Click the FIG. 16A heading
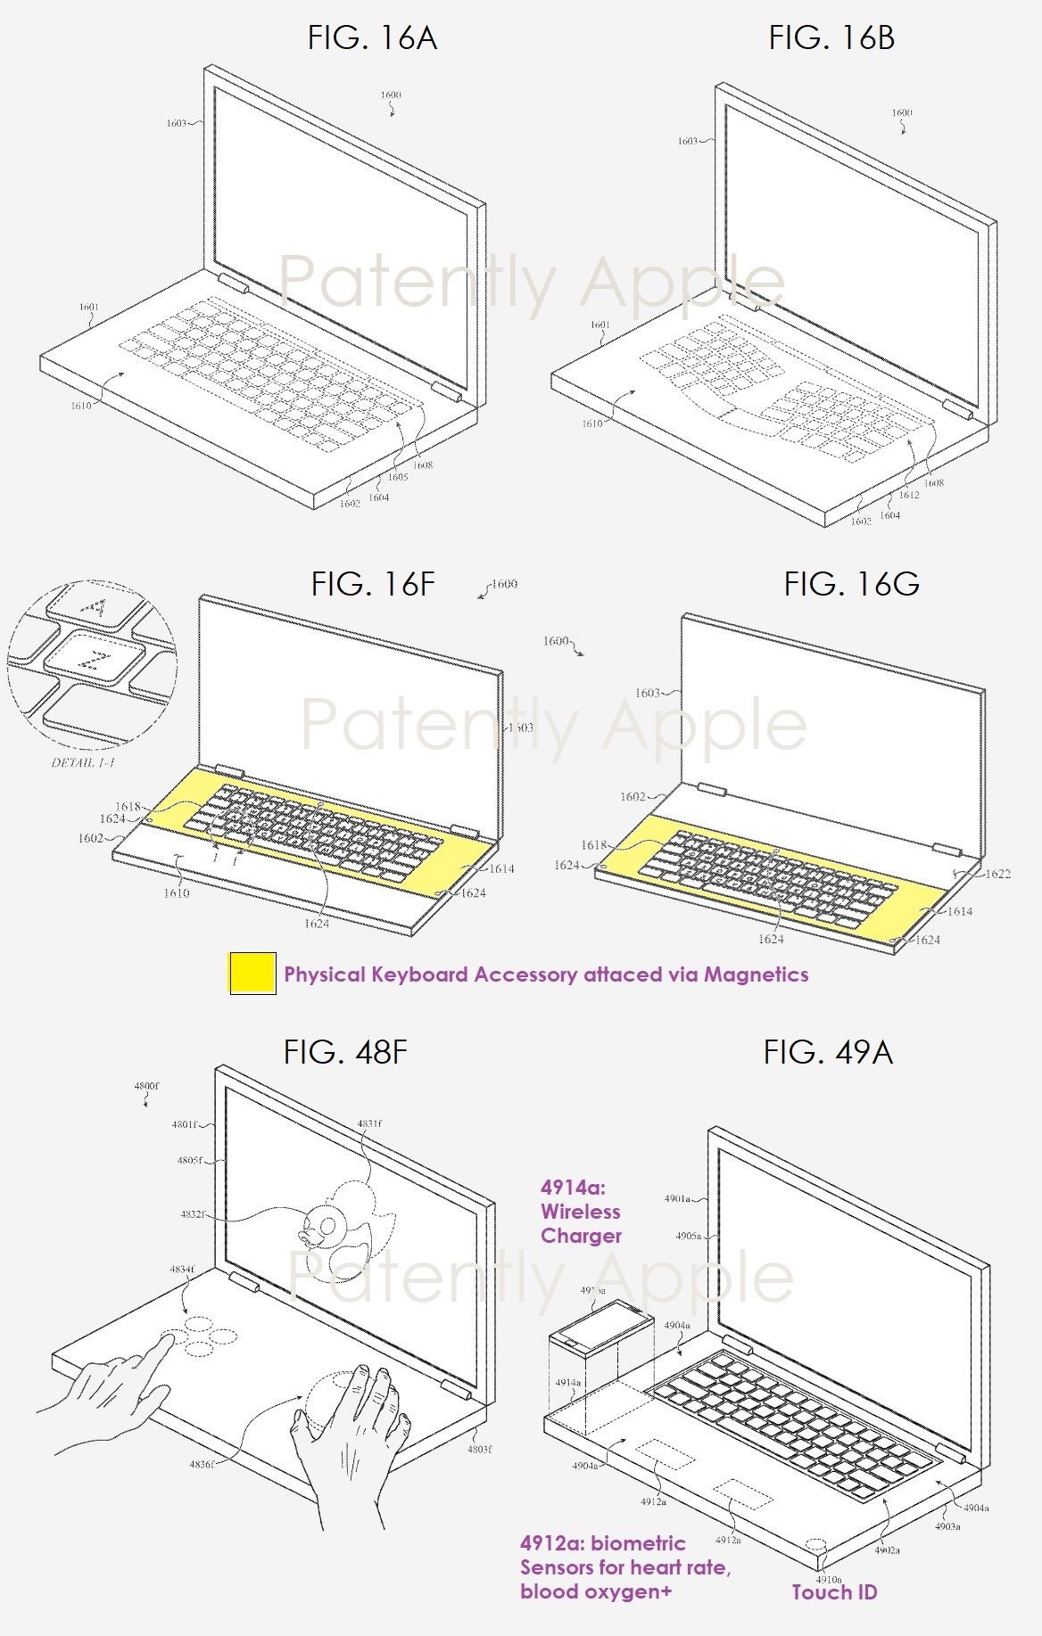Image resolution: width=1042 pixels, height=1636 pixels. (372, 37)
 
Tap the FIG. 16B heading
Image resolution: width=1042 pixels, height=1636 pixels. (831, 37)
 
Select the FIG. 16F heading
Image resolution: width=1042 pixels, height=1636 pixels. (373, 584)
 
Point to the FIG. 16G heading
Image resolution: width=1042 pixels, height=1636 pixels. (851, 584)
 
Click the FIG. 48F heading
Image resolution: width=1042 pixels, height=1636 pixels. (345, 1052)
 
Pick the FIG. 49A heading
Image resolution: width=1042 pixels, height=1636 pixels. (827, 1052)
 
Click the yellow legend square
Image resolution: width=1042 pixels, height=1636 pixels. (252, 974)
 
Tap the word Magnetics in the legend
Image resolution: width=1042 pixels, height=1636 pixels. (756, 974)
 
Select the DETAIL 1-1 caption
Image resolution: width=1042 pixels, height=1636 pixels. (83, 763)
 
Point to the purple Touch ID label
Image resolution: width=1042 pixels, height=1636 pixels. (834, 1592)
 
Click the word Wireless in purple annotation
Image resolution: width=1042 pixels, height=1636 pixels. (580, 1212)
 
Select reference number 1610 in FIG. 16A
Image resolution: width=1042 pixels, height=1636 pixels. (81, 406)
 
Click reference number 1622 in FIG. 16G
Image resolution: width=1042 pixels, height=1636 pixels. (997, 874)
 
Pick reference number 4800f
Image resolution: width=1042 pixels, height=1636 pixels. (146, 1087)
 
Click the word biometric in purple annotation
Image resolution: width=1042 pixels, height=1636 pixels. (638, 1543)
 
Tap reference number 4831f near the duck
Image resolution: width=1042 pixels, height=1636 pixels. (368, 1124)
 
